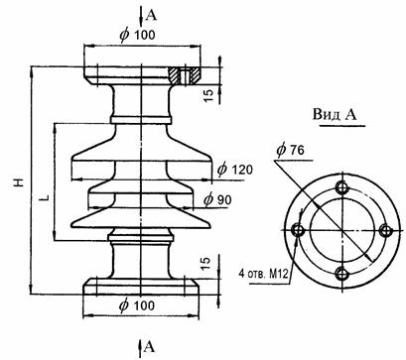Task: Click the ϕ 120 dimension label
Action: (x=235, y=169)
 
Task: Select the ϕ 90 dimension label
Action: (x=217, y=199)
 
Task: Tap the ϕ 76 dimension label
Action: (x=290, y=151)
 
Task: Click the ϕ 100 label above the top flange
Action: (x=137, y=35)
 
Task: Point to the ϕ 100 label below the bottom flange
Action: (x=137, y=305)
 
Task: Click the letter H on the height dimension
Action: (x=20, y=182)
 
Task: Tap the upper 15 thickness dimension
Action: (x=209, y=95)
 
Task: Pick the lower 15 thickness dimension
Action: (x=205, y=264)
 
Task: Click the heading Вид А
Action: (x=335, y=115)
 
